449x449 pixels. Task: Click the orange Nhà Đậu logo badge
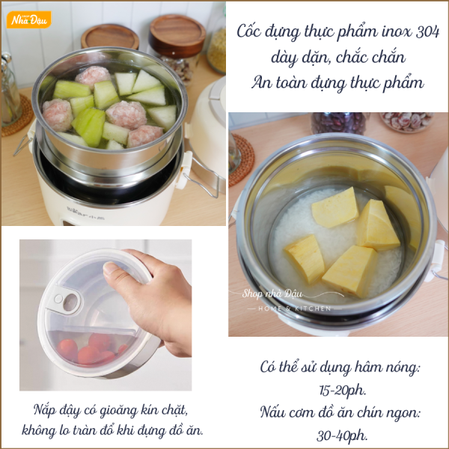pos(29,19)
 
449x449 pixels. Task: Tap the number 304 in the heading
pos(427,31)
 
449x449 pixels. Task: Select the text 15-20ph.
pos(343,390)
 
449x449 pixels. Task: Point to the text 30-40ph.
pos(342,436)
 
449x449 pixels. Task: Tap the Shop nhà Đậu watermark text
pos(272,293)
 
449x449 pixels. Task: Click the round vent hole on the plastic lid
pos(70,302)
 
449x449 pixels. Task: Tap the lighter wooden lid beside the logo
pos(110,37)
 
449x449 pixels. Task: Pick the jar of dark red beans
pos(340,123)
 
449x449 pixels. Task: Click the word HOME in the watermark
pos(270,308)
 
